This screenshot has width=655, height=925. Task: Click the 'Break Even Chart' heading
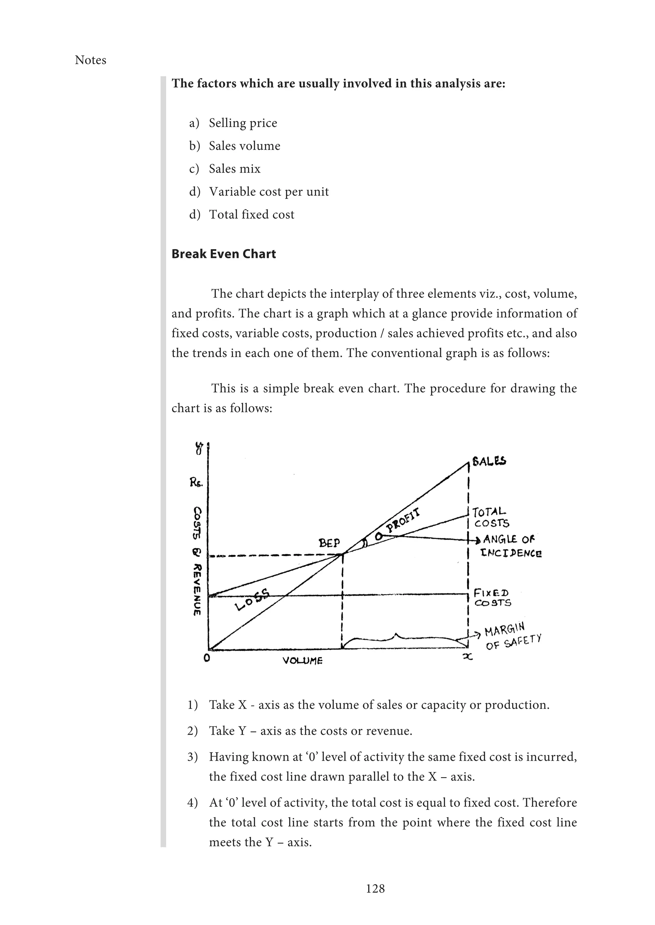point(224,254)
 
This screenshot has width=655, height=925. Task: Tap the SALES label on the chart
point(489,461)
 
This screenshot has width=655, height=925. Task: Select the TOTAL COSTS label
point(490,518)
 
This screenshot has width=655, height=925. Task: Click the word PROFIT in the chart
point(403,521)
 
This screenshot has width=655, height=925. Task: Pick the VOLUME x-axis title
point(302,661)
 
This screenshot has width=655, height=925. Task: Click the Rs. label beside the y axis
point(196,482)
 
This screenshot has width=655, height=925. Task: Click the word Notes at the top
point(90,60)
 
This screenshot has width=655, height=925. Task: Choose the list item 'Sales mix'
point(234,168)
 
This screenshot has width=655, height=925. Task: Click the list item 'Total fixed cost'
point(251,214)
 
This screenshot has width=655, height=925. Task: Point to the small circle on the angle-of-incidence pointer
point(379,536)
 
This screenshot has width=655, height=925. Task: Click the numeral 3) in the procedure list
point(193,757)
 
